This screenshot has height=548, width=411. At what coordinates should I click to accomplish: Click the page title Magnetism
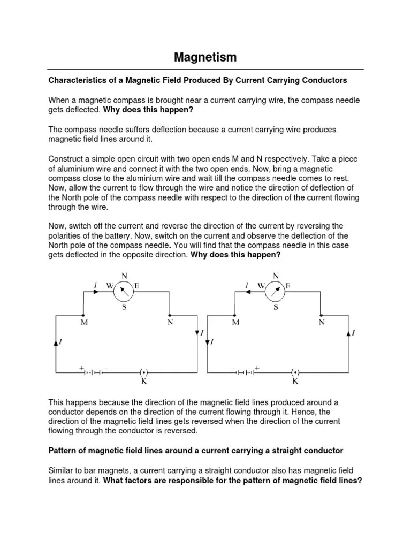point(205,57)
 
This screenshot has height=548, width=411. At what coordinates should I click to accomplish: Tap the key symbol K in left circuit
point(143,372)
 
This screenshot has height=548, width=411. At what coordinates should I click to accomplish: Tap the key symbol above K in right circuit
point(295,372)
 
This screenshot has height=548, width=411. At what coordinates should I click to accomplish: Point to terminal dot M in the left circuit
point(82,315)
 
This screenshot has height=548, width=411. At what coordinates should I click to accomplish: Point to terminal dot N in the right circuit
point(321,315)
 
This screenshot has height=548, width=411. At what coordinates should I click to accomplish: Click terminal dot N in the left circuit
point(170,315)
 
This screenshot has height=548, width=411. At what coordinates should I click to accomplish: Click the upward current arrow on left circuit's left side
point(56,342)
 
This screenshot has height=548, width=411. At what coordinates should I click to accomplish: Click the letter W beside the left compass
point(110,286)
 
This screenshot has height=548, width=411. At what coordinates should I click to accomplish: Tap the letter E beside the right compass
point(288,286)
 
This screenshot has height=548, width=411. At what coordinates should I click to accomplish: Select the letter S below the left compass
point(124,307)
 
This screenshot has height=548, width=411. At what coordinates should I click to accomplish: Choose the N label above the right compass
point(276,275)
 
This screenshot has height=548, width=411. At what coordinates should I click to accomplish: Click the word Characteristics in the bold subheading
point(74,80)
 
